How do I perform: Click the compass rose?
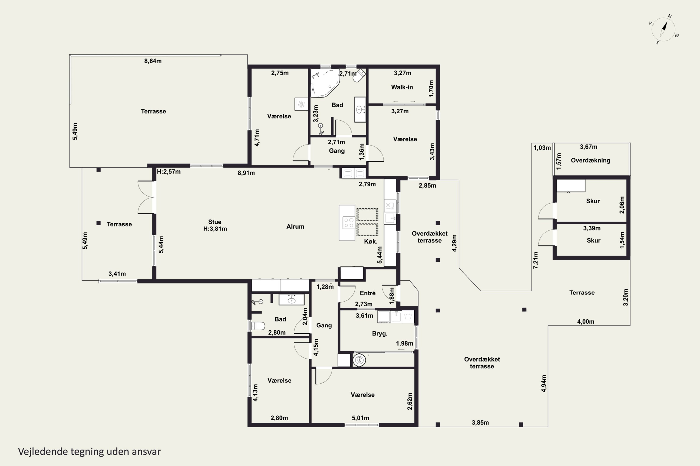664,29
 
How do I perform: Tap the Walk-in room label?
402,87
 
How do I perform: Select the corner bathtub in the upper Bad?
325,83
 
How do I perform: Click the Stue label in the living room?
215,222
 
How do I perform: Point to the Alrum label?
295,226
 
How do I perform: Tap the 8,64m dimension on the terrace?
153,61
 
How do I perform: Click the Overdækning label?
591,161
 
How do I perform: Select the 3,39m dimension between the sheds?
592,228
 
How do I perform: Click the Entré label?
367,293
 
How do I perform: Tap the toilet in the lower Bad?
258,326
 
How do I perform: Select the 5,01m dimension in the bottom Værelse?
360,418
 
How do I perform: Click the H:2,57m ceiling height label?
169,171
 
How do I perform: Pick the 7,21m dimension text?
535,260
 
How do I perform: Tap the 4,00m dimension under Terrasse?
586,322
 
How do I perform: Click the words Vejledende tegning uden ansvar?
89,452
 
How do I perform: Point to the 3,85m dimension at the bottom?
480,423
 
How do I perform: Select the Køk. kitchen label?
371,242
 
